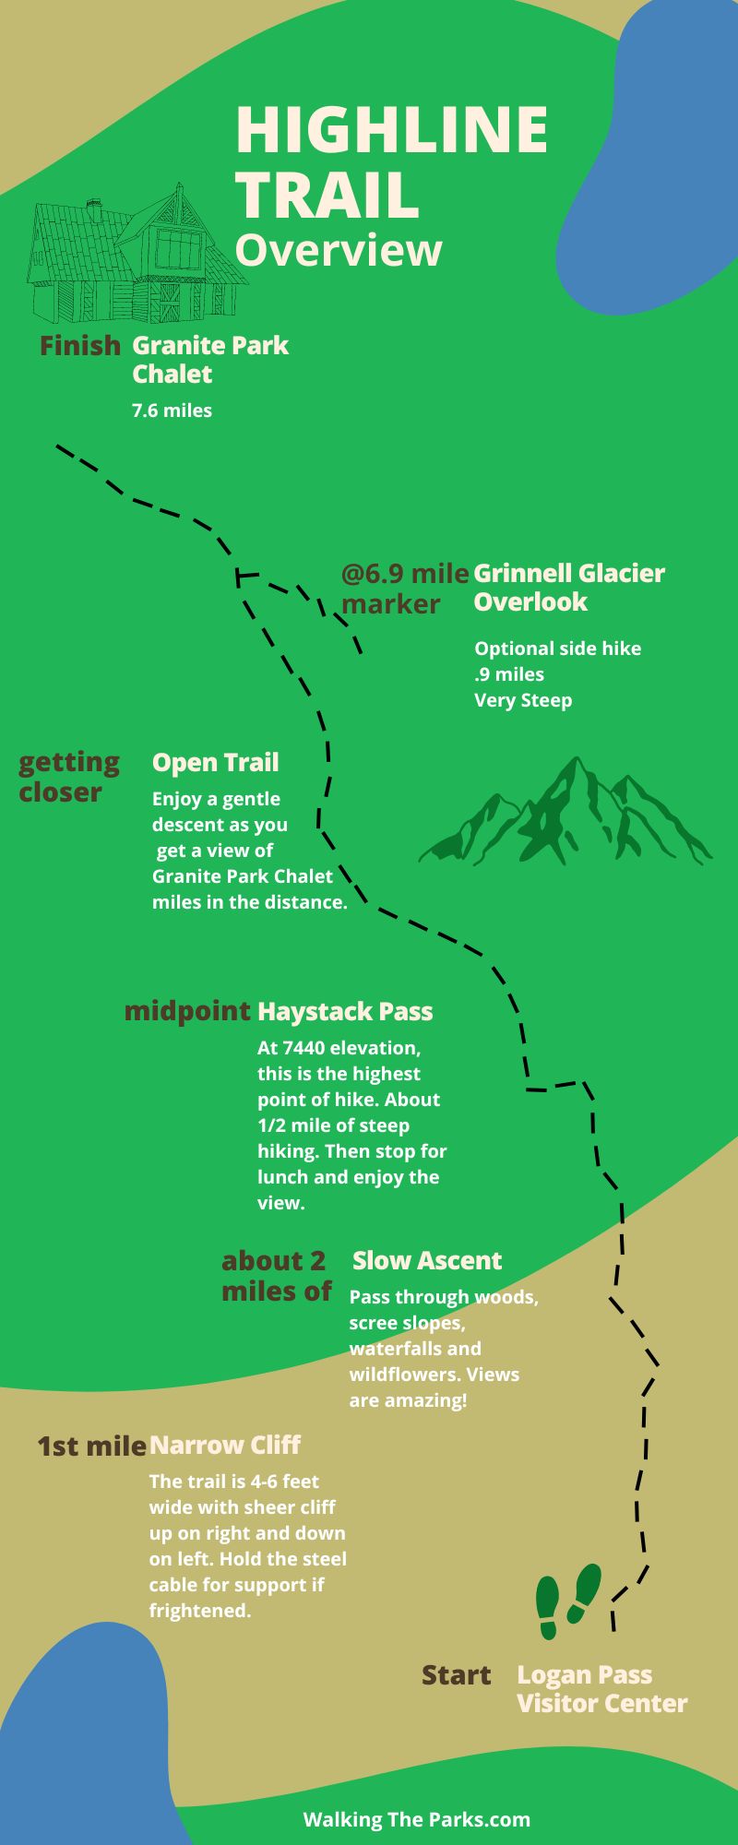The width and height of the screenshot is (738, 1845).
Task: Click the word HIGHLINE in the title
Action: coord(392,129)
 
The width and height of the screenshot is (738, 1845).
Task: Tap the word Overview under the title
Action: coord(339,250)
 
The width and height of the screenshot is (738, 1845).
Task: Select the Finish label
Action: coord(79,346)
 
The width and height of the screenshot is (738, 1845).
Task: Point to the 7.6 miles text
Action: coord(172,411)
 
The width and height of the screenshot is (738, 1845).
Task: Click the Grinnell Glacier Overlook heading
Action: coord(568,587)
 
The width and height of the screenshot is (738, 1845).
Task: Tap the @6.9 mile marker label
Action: coord(404,589)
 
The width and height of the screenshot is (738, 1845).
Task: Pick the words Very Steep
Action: coord(522,700)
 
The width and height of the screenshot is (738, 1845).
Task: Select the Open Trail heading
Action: coord(215,763)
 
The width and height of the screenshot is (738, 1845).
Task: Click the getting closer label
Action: coord(68,777)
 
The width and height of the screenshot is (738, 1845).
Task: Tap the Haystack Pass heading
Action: coord(344,1012)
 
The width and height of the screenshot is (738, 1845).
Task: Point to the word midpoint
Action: coord(187,1011)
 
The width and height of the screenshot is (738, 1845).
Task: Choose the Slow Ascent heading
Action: coord(426,1261)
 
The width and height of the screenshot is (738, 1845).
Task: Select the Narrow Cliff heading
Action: coord(225,1446)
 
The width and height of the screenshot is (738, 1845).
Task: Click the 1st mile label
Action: coord(91,1446)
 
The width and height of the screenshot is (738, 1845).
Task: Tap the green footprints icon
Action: coord(567,1601)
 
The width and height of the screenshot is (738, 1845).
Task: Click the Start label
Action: coord(456,1675)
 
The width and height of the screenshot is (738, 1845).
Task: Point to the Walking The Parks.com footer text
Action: coord(416,1819)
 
